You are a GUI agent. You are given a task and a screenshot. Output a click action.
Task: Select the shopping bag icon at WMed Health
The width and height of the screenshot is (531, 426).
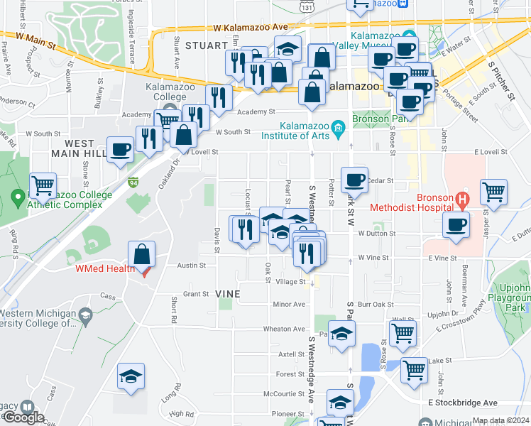pyautogui.click(x=142, y=254)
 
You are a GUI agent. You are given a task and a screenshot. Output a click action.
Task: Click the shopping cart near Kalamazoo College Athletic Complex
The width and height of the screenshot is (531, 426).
pyautogui.click(x=43, y=186)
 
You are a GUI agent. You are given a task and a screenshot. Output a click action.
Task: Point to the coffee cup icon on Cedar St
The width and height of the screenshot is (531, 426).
pyautogui.click(x=354, y=179)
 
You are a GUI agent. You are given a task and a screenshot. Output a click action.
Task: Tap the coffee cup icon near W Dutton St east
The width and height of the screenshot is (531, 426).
pyautogui.click(x=455, y=224)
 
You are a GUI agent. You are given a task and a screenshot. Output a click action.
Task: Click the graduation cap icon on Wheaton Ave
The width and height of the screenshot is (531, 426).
pyautogui.click(x=341, y=334)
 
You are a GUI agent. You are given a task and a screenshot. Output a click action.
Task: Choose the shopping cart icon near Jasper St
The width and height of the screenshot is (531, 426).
pyautogui.click(x=493, y=191)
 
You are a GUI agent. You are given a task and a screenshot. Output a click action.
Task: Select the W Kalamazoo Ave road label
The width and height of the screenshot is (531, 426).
pyautogui.click(x=250, y=27)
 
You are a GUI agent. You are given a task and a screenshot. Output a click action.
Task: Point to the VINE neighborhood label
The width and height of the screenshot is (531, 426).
pyautogui.click(x=228, y=293)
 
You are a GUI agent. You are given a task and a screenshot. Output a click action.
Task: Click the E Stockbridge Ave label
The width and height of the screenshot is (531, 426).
pyautogui.click(x=463, y=403)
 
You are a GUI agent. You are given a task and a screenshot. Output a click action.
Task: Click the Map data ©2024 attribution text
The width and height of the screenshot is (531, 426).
pyautogui.click(x=500, y=420)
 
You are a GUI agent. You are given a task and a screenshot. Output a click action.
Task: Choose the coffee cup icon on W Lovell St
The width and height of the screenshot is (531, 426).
pyautogui.click(x=120, y=150)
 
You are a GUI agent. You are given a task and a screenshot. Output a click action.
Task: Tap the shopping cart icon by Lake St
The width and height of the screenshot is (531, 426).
pyautogui.click(x=414, y=369)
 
